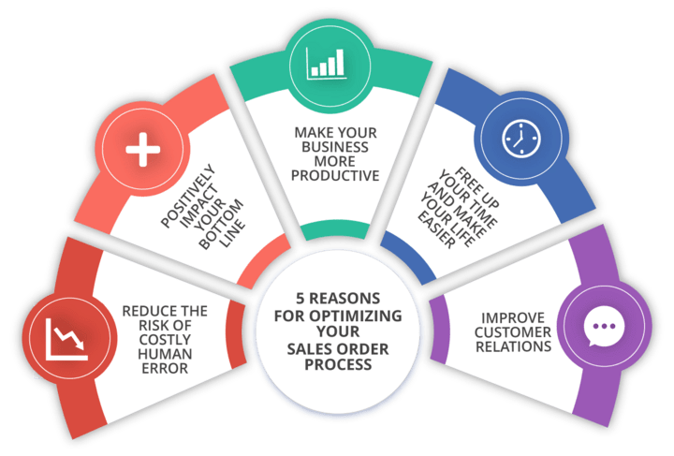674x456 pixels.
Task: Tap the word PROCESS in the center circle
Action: (x=337, y=364)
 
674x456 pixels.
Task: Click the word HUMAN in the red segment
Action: (x=162, y=354)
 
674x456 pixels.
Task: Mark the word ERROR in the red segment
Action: (x=162, y=368)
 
